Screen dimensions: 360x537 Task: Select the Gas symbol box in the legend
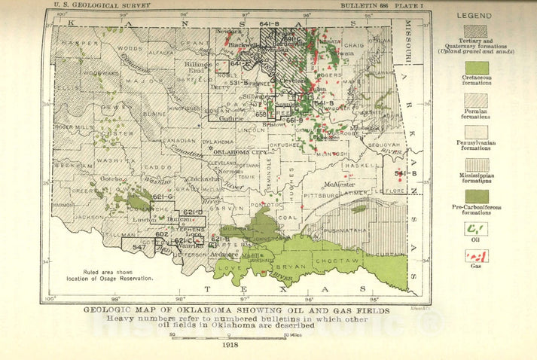476,255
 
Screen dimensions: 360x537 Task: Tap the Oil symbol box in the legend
476,228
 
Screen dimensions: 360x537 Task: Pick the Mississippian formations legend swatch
476,164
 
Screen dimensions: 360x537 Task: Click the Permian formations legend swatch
476,99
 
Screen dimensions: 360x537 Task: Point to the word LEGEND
474,15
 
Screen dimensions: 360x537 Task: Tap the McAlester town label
340,184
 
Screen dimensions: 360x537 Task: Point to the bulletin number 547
139,247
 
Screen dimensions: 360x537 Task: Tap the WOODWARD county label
96,73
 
